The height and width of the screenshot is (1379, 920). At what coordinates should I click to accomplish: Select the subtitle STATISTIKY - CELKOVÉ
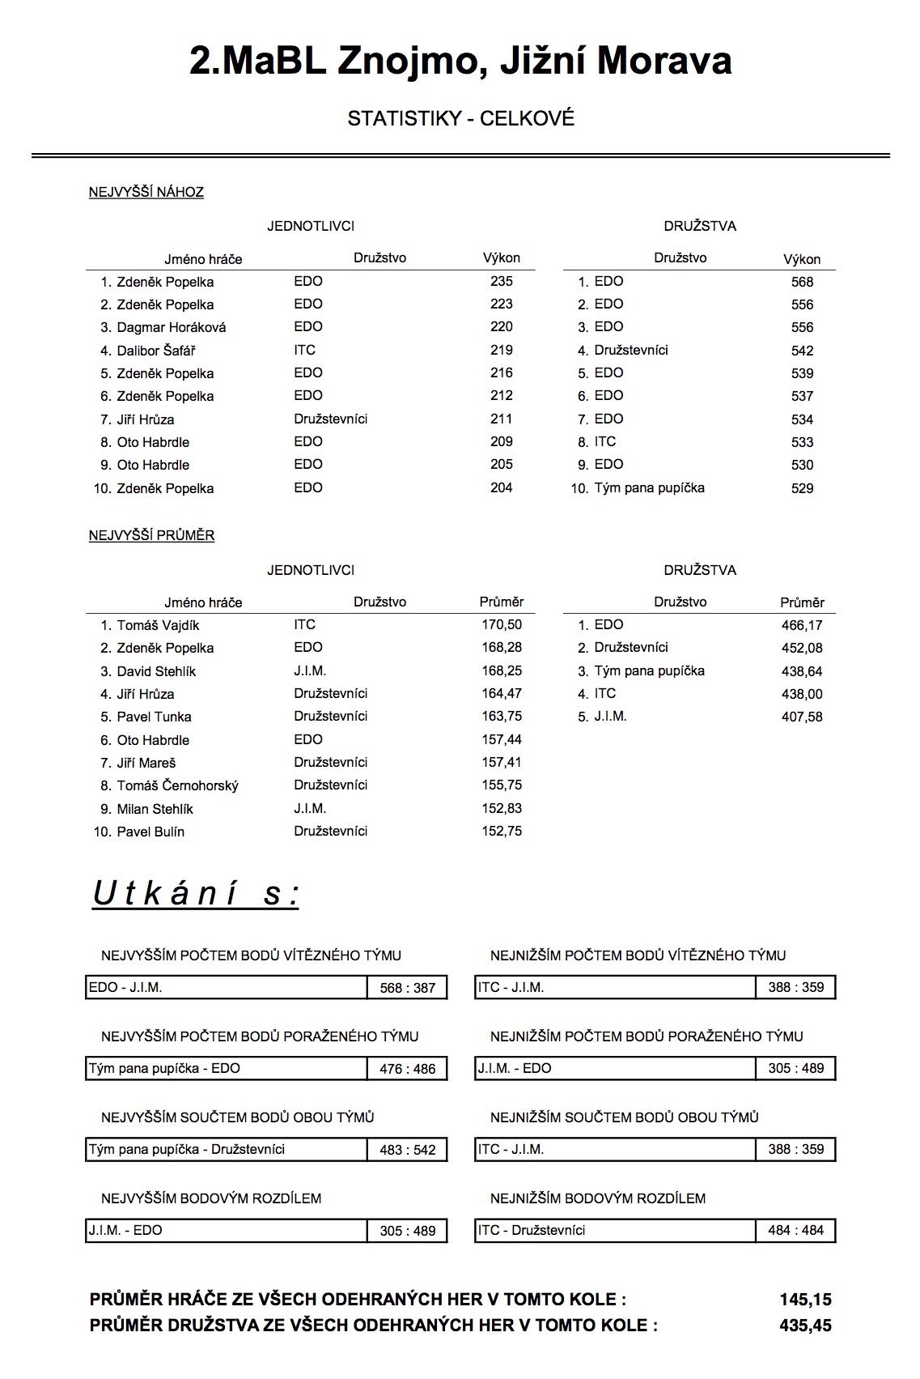(460, 119)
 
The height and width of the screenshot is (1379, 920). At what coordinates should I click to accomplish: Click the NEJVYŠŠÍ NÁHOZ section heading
(146, 193)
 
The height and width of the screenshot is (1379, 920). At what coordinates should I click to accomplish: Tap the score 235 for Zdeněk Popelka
(501, 282)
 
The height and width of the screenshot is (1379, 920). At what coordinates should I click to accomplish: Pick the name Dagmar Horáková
(171, 328)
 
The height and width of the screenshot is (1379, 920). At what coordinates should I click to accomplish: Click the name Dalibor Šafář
(155, 351)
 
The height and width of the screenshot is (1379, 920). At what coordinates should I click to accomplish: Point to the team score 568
(802, 283)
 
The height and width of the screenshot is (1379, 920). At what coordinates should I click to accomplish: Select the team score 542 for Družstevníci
(802, 351)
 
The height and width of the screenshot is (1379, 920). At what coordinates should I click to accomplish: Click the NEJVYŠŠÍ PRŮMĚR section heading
(151, 536)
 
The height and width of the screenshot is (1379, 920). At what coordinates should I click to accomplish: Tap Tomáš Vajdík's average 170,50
(502, 625)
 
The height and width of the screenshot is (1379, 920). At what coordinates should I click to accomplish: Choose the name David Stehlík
(156, 672)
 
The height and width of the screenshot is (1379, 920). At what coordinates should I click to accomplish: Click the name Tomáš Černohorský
(177, 786)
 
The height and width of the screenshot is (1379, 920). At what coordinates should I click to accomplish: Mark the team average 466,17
(802, 626)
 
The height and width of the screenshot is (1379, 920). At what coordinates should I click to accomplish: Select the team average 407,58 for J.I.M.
(802, 717)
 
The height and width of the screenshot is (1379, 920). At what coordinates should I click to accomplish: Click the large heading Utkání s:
(196, 895)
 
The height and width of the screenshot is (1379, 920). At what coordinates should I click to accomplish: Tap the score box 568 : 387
(407, 989)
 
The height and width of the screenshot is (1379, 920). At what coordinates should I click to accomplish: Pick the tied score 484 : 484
(795, 1231)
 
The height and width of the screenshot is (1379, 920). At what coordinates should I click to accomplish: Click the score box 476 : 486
(407, 1070)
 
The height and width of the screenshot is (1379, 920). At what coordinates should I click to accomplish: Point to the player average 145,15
(805, 1300)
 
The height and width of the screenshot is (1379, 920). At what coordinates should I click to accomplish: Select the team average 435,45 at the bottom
(805, 1326)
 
